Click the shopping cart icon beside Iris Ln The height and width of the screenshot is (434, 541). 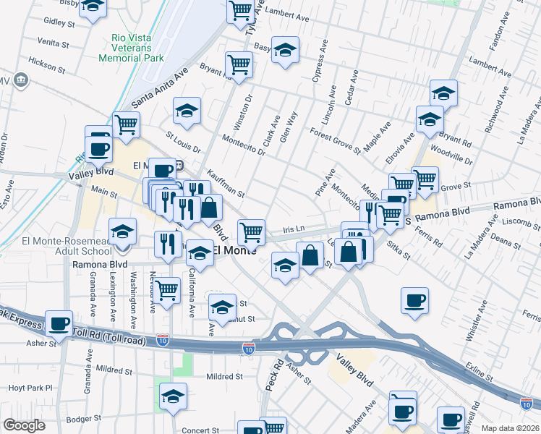pyautogui.click(x=251, y=232)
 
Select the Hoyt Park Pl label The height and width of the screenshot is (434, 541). pyautogui.click(x=30, y=388)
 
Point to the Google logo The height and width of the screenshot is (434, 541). pyautogui.click(x=24, y=425)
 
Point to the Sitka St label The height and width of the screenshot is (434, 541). pyautogui.click(x=398, y=251)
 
